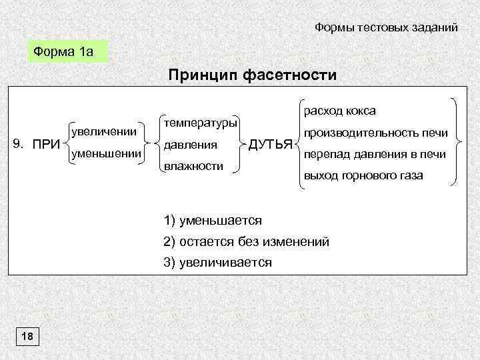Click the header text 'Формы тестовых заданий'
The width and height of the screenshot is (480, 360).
point(386,27)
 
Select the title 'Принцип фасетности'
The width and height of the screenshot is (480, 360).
point(253,75)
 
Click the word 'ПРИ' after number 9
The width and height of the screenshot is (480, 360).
point(47,143)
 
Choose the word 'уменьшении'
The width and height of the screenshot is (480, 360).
point(105,154)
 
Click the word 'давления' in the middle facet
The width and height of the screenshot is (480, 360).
point(190,144)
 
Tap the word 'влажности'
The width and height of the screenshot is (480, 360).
point(193,165)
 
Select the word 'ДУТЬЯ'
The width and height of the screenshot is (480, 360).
point(270,144)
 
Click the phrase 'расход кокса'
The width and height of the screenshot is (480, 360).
point(339,110)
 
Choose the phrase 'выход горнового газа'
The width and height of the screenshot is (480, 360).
point(363,176)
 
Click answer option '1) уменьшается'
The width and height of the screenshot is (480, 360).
point(213,220)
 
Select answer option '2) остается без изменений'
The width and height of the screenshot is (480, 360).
point(246,241)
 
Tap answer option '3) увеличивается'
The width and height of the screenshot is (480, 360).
point(218,263)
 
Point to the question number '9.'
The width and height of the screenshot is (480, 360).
point(20,143)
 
